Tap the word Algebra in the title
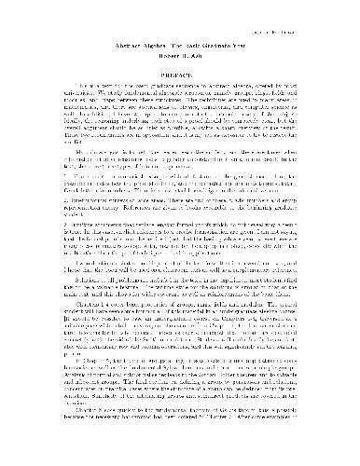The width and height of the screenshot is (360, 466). (159, 44)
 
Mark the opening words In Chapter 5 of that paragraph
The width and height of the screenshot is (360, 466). (70, 383)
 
